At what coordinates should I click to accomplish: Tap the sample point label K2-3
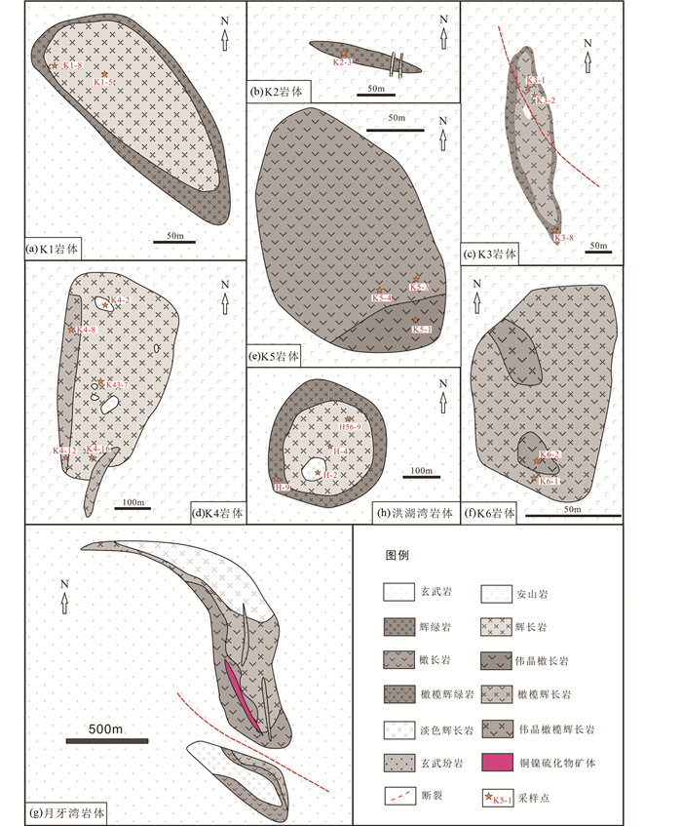342,62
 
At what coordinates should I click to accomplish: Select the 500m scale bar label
104,729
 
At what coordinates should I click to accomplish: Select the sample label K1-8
71,65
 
